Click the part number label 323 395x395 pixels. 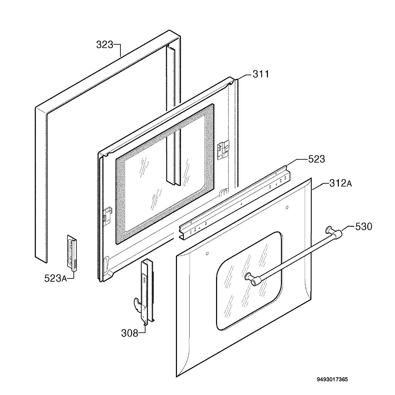point(105,45)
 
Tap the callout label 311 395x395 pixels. point(261,74)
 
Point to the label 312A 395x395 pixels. point(340,183)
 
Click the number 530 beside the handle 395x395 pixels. point(364,227)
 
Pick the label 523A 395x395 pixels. point(56,278)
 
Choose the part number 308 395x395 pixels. point(130,333)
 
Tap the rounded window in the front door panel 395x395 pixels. point(249,281)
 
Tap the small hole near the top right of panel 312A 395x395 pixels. point(287,208)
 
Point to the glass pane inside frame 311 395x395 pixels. point(165,174)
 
